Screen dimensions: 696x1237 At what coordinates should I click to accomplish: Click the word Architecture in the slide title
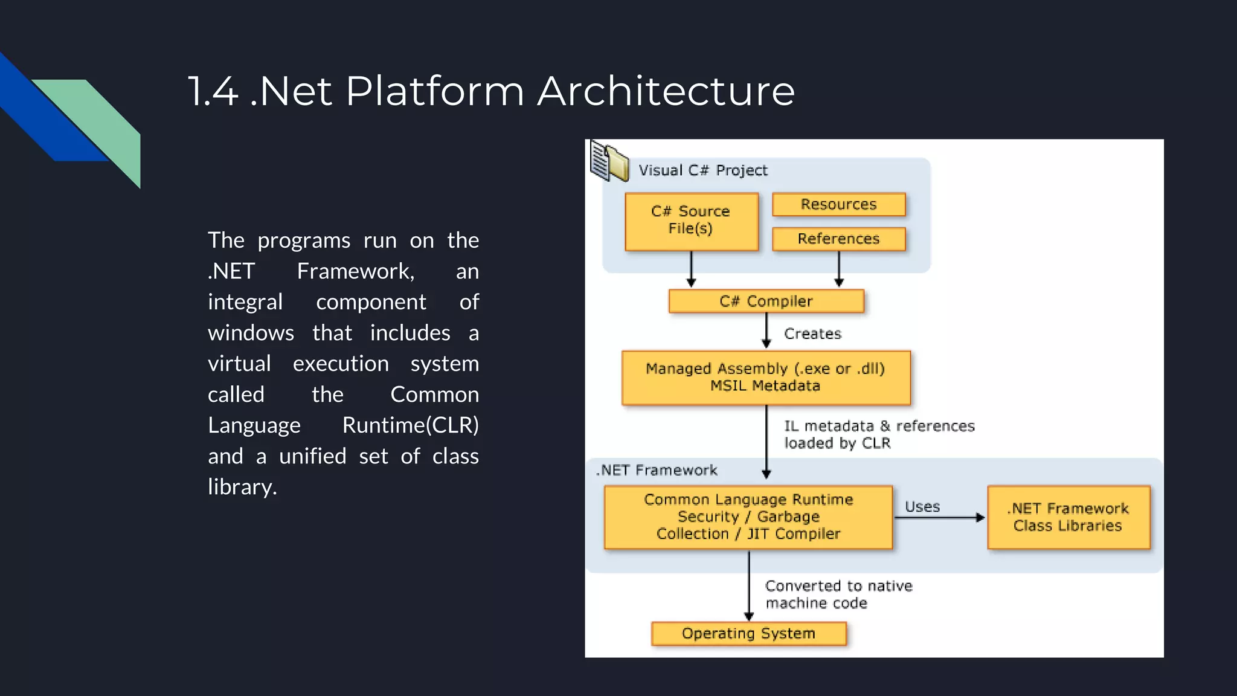coord(666,91)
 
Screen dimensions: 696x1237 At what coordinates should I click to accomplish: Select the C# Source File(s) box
coord(691,221)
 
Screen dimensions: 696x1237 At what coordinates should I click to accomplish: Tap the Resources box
coord(838,204)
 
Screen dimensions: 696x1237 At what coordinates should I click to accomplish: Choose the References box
coord(838,239)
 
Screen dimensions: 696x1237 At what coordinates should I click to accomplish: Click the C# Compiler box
coord(766,301)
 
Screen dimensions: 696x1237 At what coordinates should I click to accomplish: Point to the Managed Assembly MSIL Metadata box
coord(765,377)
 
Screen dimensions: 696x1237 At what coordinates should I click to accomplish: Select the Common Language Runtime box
coord(748,517)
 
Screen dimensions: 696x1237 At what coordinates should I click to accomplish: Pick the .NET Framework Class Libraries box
coord(1068,517)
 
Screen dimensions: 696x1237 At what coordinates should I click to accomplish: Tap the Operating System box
coord(748,633)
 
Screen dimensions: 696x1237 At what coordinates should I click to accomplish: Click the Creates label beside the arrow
coord(812,333)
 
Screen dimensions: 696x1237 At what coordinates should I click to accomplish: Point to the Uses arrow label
coord(922,506)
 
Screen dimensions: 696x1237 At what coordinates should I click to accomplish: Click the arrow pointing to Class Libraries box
coord(942,518)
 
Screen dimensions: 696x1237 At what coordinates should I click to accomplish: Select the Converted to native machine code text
coord(838,594)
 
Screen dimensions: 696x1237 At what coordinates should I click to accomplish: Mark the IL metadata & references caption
coord(879,434)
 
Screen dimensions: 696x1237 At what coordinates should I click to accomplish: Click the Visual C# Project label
coord(703,170)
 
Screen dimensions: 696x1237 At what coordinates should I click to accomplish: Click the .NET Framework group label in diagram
coord(657,470)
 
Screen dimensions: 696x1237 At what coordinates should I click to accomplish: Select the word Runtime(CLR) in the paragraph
coord(410,425)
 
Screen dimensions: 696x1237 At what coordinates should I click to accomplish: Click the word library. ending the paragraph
coord(242,487)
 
